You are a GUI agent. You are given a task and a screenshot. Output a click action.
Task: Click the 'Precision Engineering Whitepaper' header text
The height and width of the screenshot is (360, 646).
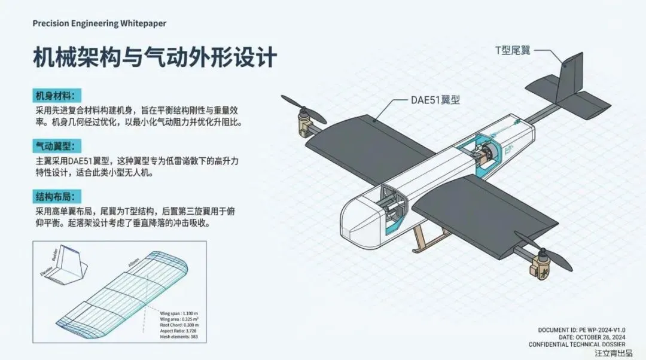point(99,23)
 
